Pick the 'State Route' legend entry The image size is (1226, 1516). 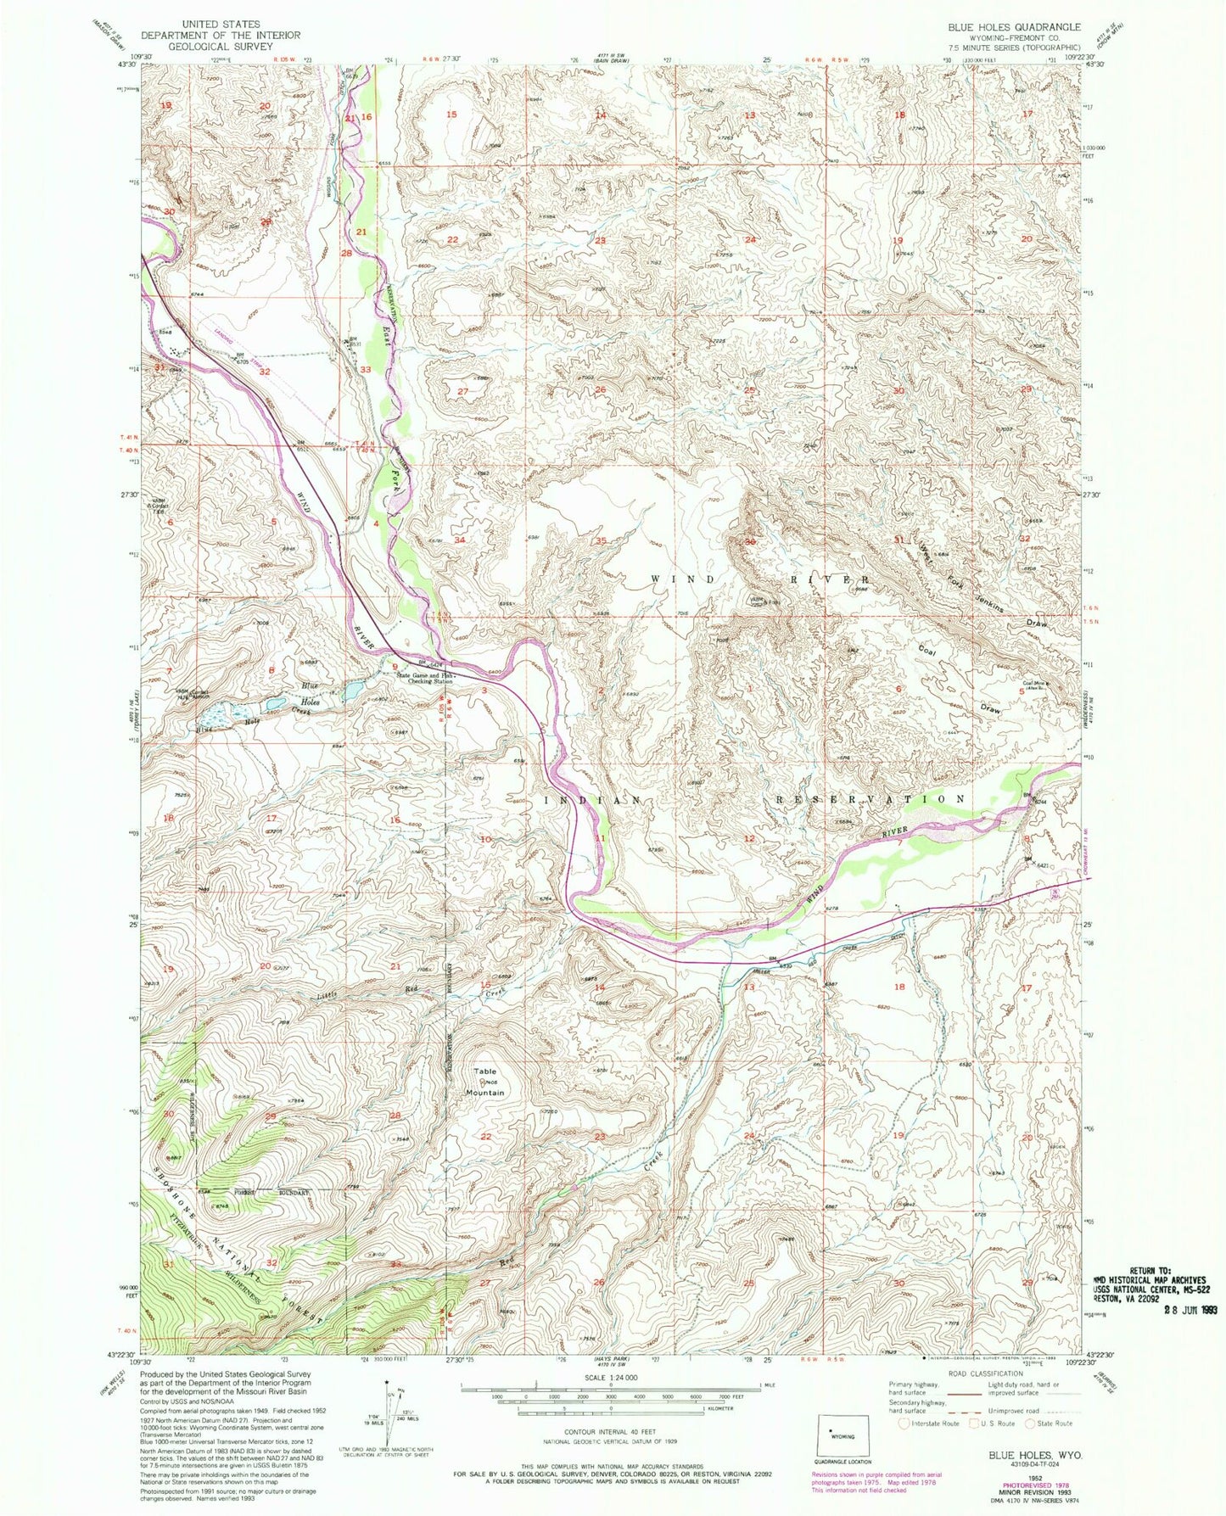point(1053,1423)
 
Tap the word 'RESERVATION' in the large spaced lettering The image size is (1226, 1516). point(871,799)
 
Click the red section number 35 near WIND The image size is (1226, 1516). point(601,540)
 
